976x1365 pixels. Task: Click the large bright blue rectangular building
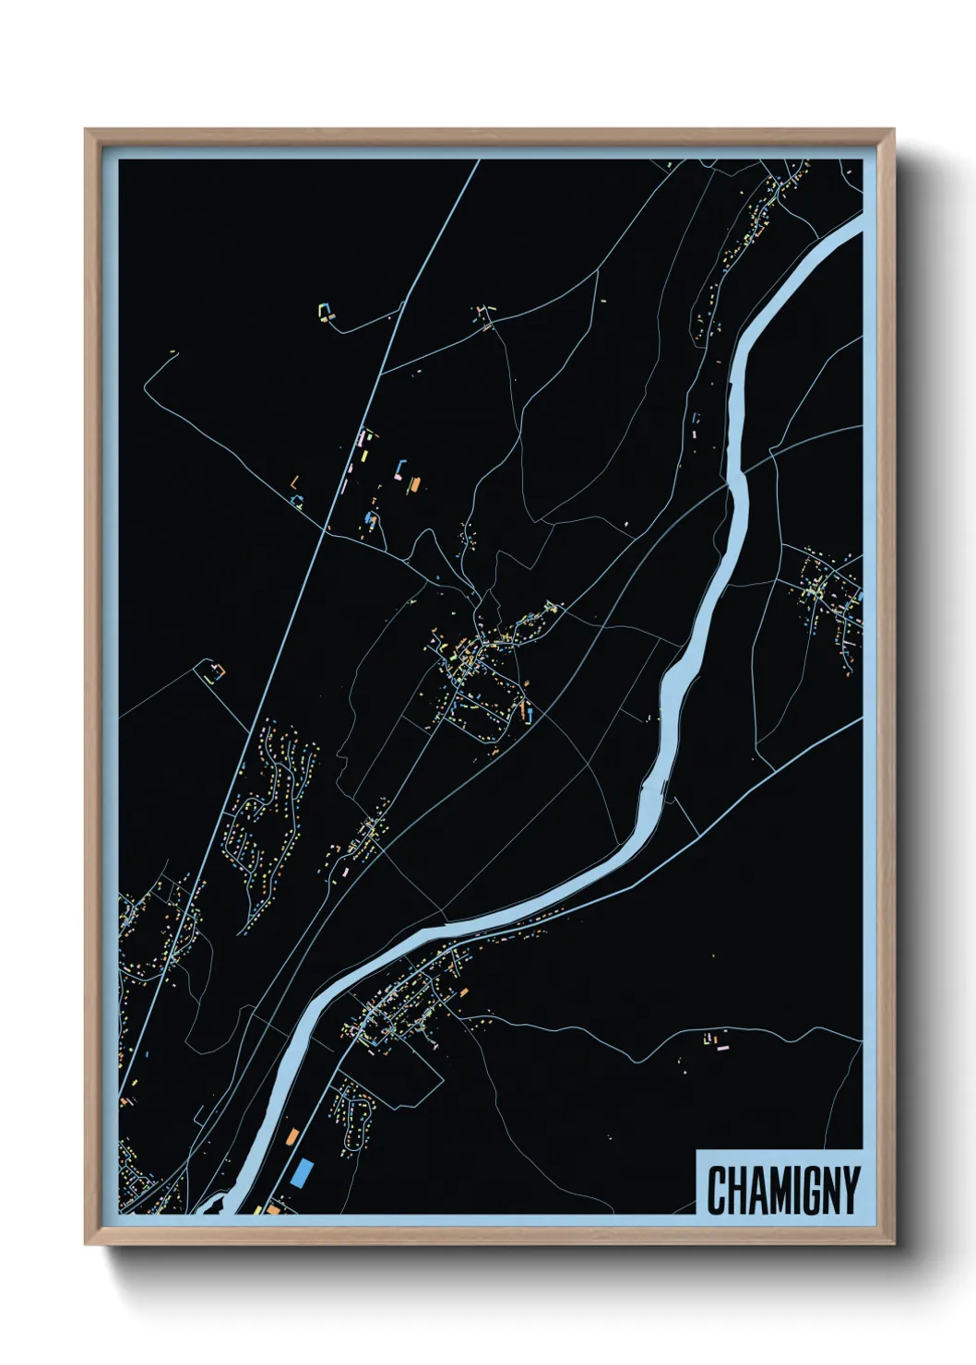coord(302,1173)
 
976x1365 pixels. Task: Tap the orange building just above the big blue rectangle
coord(293,1136)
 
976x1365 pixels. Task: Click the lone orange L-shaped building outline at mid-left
coord(294,481)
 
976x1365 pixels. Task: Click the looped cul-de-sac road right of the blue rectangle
coord(354,1116)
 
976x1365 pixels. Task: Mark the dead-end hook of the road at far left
coord(173,352)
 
